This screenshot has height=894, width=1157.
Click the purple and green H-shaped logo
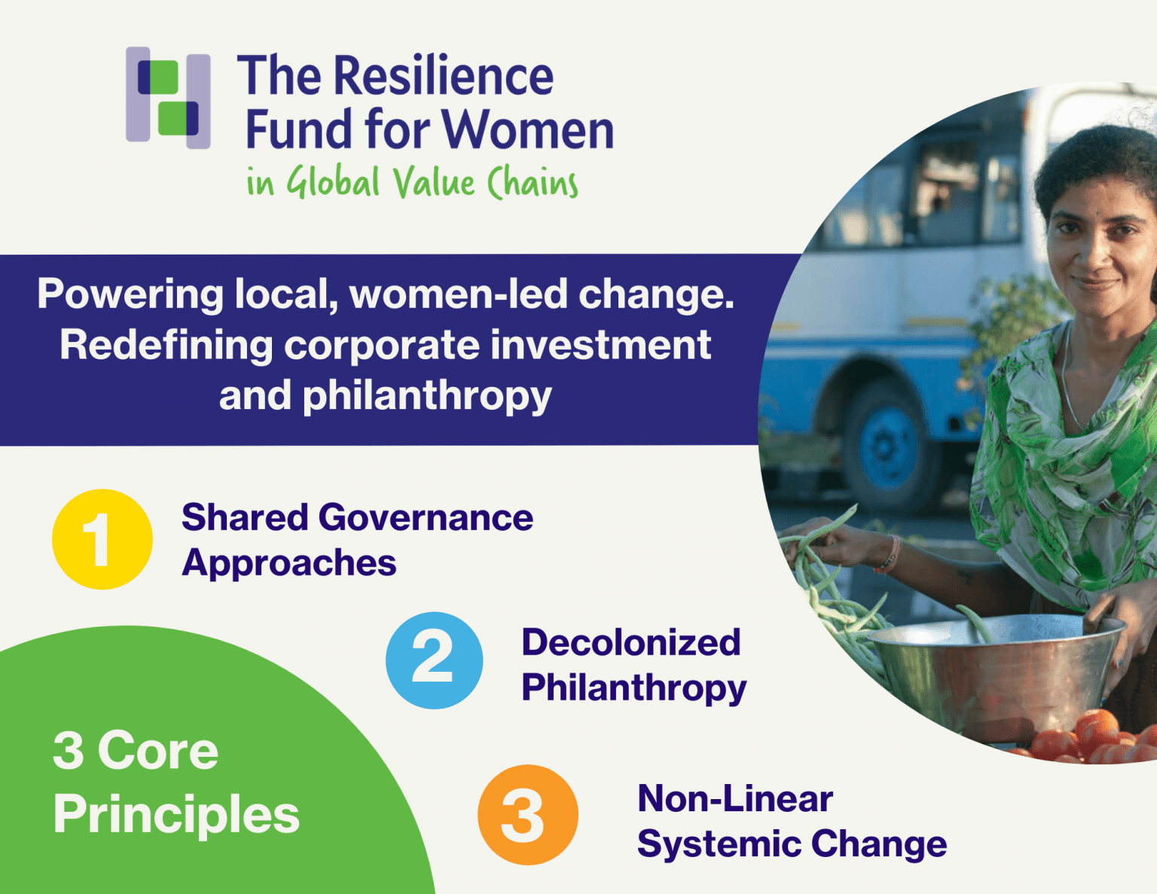(x=167, y=98)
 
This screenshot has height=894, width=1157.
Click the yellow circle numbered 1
(x=102, y=539)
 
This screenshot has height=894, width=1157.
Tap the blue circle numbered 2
(x=434, y=661)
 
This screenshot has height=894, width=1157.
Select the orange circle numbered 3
(x=527, y=815)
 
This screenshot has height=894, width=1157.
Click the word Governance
(x=426, y=518)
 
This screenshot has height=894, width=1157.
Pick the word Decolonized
(x=631, y=642)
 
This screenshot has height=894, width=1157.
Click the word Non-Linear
(x=735, y=798)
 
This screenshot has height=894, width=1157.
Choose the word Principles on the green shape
(x=176, y=816)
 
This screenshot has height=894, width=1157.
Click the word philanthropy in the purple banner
(x=427, y=396)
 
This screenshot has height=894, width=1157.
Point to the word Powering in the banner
(x=130, y=294)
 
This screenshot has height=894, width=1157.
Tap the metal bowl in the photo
(x=994, y=670)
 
